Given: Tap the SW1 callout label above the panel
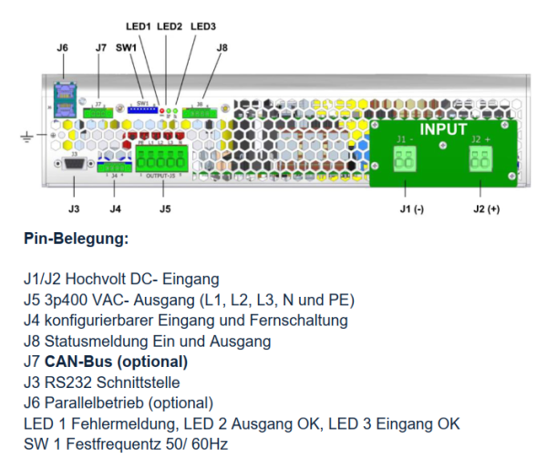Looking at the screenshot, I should (126, 46).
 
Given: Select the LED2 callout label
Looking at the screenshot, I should (170, 27).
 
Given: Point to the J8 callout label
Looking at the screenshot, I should (222, 46).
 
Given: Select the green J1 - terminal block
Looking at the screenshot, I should (405, 160).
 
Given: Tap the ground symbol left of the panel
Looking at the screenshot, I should (27, 138).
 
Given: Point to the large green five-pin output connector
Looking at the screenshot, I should (161, 158).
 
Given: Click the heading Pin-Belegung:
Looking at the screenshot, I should (76, 240).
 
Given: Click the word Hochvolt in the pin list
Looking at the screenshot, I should (107, 279).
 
